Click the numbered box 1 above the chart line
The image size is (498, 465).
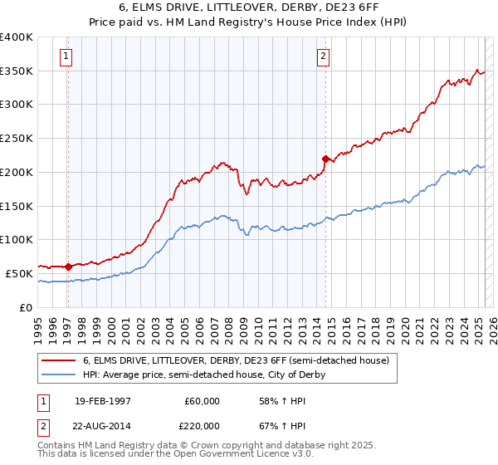point(66,56)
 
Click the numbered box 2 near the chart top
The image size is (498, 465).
point(323,56)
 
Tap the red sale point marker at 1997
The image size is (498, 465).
point(67,267)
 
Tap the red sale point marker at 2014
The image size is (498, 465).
point(325,158)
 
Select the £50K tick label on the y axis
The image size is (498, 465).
point(19,273)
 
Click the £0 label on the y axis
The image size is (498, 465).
point(27,307)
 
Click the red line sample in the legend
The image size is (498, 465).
point(58,360)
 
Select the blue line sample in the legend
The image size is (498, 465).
point(58,374)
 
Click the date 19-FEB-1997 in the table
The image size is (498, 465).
point(103,401)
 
